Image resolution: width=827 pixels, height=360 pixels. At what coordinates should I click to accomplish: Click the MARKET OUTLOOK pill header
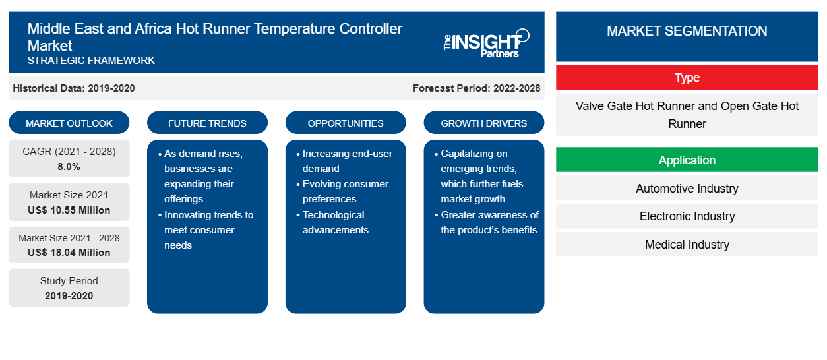coord(69,123)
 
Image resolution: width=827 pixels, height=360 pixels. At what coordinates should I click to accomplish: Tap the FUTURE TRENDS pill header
coord(207,123)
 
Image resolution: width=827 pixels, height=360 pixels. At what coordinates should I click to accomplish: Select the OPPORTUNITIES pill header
coord(346,123)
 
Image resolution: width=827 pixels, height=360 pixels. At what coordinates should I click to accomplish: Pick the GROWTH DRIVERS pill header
coord(483,123)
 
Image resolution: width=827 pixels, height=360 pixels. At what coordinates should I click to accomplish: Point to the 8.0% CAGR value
coord(69,167)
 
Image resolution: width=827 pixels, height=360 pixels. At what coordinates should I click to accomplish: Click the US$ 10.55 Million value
coord(69,210)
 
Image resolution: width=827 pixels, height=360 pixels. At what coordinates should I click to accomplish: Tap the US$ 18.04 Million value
coord(69,253)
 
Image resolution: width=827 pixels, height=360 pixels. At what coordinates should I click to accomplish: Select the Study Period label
coord(69,281)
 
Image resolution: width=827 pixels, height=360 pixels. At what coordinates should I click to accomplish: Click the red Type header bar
coord(687,78)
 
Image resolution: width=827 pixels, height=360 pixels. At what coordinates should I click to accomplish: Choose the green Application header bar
coord(687,160)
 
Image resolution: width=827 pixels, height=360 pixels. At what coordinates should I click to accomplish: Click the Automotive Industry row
coord(687,189)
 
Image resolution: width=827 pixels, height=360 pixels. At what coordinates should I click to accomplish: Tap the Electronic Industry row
coord(687,216)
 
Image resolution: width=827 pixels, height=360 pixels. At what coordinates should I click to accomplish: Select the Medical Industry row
coord(687,245)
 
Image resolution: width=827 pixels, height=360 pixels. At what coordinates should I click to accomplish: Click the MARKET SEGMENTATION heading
coord(687,31)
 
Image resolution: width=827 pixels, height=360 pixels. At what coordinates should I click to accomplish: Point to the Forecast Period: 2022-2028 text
coord(476,88)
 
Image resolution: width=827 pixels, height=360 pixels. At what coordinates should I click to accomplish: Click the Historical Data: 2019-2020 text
coord(74,88)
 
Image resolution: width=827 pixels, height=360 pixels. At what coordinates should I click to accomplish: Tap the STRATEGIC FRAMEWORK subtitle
coord(91,61)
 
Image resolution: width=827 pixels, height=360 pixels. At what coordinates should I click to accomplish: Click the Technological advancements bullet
coord(333,222)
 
